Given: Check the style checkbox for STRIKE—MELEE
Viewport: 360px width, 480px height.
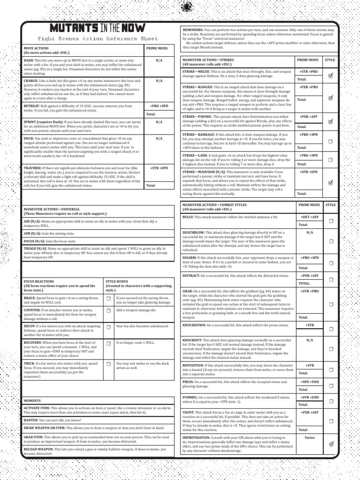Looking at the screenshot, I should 330,75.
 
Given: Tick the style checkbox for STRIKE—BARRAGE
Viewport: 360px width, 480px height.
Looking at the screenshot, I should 330,141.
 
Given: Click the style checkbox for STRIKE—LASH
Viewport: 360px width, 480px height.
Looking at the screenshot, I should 330,160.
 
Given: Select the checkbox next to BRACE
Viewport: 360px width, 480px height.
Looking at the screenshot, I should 109,299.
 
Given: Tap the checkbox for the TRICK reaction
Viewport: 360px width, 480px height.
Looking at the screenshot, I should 109,364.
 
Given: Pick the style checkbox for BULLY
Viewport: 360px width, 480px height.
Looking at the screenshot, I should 330,221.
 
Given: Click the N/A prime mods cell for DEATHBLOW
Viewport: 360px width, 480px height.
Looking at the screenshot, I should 309,232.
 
